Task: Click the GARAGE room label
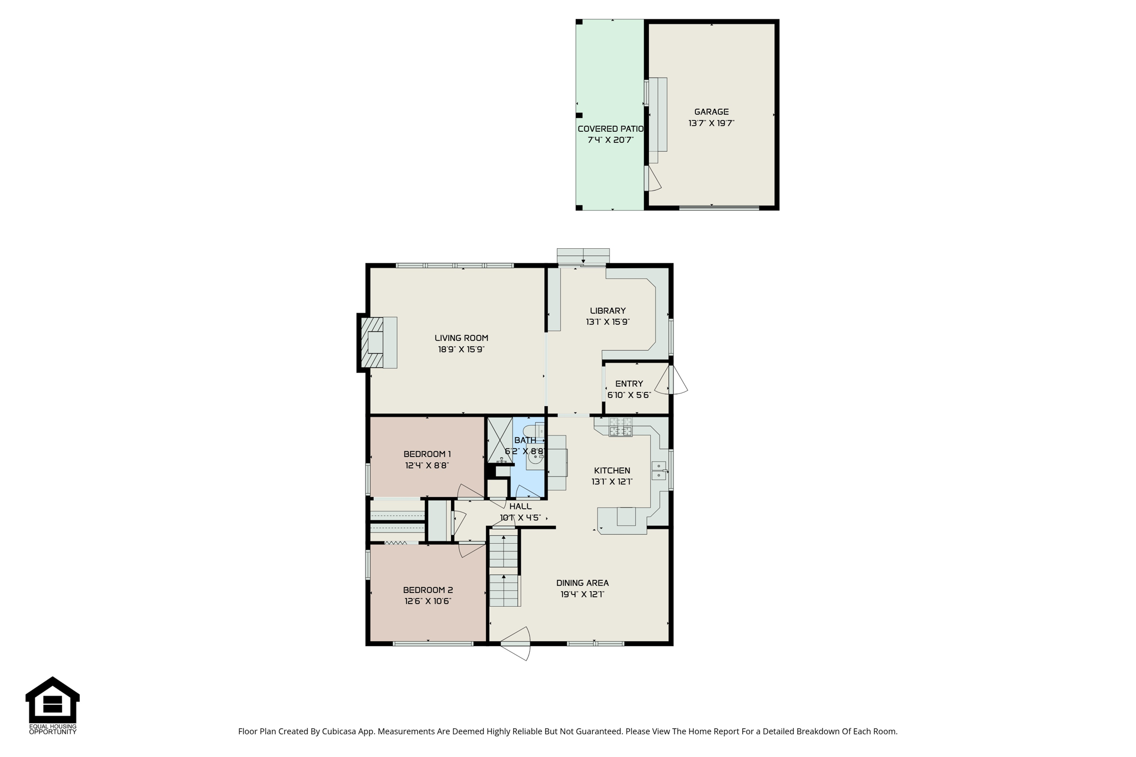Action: point(711,112)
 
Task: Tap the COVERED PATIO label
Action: point(610,129)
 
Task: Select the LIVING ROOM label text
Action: point(461,338)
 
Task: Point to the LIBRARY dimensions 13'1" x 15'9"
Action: point(608,322)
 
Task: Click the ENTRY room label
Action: point(629,383)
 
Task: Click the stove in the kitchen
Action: point(621,427)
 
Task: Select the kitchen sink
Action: point(658,470)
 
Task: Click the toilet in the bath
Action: point(533,431)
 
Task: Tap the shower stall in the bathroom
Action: point(500,440)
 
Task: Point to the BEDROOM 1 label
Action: point(427,454)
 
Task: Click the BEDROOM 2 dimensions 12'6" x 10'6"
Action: point(428,601)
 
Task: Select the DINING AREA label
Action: point(582,583)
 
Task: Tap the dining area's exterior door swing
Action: point(516,643)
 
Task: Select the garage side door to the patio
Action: point(652,178)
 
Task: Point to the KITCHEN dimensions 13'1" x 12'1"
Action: point(612,482)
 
